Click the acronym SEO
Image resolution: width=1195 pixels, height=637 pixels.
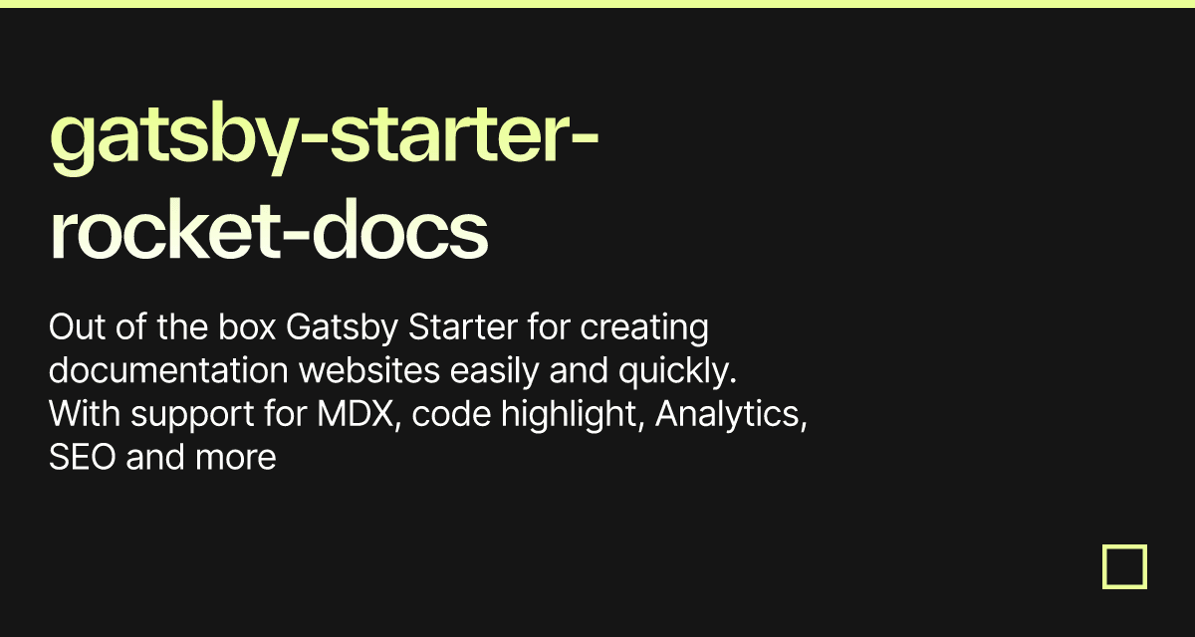pyautogui.click(x=83, y=458)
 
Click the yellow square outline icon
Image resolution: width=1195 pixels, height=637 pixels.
pyautogui.click(x=1124, y=566)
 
